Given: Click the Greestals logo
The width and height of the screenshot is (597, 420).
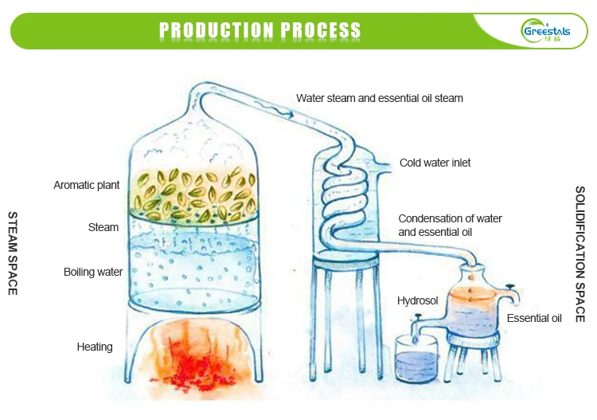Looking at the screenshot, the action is point(547,30).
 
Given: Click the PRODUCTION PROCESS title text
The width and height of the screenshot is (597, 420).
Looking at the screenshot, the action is point(259,30).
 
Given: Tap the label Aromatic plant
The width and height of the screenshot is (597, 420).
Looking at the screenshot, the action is point(87,185).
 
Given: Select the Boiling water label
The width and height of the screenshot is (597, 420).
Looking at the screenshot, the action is point(93,272).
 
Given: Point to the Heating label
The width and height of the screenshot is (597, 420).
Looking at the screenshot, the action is point(95,347).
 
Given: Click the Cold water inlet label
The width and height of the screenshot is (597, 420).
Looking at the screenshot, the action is point(435,163).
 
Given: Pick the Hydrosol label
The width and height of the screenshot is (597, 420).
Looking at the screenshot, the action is point(417,300).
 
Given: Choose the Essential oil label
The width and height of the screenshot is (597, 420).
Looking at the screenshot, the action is point(534,318).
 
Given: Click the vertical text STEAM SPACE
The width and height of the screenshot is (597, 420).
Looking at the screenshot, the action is point(13,253).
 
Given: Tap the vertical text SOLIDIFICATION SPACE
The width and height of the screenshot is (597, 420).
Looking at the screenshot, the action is point(579,253).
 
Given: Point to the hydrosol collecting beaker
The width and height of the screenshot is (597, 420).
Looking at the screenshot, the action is point(416,359).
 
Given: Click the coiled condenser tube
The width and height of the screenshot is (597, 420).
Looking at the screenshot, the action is point(345,198).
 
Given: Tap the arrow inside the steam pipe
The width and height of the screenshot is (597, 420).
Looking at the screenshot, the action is point(274,108).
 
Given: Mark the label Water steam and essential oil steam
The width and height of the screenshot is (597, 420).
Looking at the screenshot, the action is point(380,98).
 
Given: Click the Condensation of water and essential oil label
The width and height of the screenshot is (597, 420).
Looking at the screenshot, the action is point(450,226).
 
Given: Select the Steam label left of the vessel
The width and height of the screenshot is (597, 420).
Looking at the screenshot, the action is point(103,227).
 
